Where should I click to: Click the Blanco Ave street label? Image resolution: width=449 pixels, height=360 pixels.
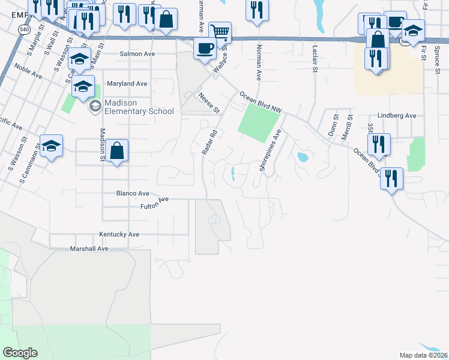132,194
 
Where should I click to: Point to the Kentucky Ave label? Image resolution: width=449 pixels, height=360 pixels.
120,235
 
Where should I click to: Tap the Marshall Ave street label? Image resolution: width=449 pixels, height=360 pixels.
89,248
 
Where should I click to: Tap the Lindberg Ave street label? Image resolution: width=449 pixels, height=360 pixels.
397,116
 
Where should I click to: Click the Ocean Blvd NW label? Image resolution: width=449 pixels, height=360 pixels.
260,102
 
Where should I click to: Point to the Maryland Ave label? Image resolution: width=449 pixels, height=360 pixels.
127,84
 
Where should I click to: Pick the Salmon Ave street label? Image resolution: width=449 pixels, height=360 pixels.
137,54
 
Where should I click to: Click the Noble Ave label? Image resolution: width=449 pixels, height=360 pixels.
28,73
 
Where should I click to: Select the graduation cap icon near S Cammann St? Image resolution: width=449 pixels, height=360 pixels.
52,145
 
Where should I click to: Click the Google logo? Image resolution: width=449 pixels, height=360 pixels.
20,353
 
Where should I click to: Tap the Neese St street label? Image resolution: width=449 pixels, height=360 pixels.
209,103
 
